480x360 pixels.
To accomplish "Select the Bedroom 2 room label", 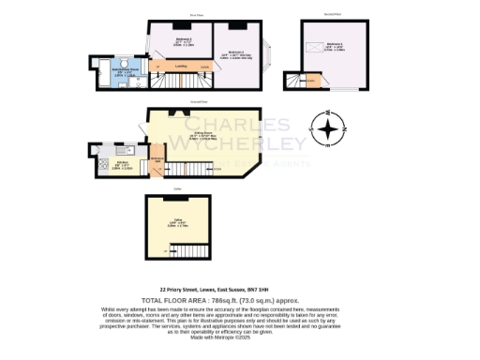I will coord(183,40).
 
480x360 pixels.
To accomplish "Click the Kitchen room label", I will coord(119,165).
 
